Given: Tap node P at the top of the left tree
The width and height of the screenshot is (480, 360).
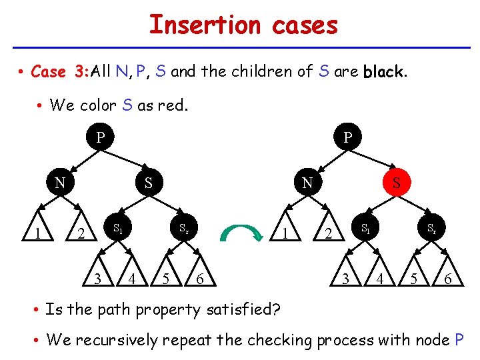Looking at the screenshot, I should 100,138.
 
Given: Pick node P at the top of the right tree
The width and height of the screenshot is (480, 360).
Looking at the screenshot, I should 347,138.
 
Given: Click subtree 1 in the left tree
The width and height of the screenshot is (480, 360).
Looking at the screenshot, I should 38,233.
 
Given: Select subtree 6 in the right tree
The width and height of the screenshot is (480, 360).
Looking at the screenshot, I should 449,279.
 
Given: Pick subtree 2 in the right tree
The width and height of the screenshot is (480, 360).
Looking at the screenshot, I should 327,233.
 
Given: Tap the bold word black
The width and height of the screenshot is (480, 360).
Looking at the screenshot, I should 383,72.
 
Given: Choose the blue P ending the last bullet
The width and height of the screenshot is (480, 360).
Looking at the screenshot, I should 459,340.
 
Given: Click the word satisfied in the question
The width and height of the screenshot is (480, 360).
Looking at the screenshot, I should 240,310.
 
